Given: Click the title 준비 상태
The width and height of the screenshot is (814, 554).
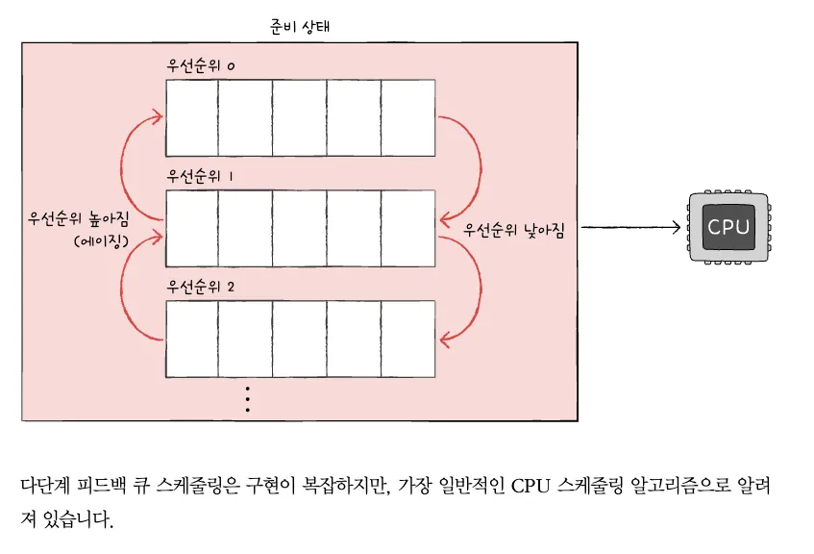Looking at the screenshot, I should coord(301,26).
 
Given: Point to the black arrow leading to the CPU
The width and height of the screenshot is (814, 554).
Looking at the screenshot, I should coord(629,228).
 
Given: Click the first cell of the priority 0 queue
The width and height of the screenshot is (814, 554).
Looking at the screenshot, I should coord(192,117).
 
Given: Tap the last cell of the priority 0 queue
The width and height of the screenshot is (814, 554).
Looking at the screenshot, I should coord(408,117).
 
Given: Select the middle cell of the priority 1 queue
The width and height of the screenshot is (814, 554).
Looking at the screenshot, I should coord(300,228).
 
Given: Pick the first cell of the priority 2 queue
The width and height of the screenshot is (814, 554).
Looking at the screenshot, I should coord(192,339).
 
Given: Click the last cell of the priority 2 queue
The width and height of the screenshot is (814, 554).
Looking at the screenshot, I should coord(408,339).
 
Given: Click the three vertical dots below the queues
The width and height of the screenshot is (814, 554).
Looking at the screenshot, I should coord(247,399).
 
